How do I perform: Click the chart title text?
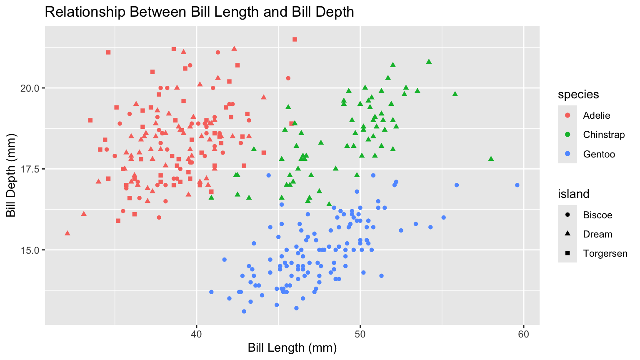(199, 12)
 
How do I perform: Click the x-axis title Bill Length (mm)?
(292, 347)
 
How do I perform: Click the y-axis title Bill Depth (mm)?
(11, 175)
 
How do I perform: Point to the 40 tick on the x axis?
(196, 335)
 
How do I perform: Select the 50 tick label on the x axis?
(360, 335)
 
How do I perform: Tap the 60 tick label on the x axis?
(524, 335)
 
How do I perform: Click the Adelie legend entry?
(596, 115)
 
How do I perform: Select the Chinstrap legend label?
(604, 135)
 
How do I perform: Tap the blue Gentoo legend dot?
(567, 154)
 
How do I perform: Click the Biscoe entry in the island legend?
(597, 215)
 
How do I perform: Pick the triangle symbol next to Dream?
(567, 234)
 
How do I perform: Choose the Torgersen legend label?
(605, 253)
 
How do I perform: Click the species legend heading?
(578, 95)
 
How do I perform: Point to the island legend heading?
(574, 194)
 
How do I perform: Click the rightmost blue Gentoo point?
(517, 185)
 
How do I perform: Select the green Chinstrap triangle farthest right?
(491, 158)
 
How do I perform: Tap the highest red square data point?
(295, 39)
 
